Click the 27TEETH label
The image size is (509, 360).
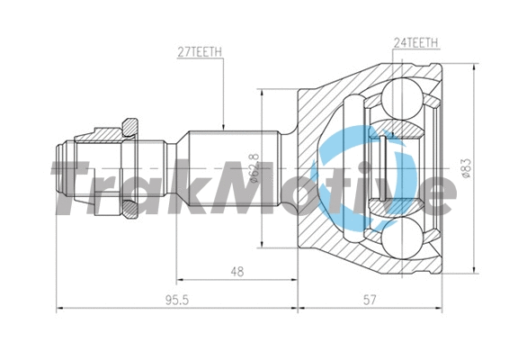(x=200, y=53)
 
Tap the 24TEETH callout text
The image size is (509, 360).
(x=415, y=42)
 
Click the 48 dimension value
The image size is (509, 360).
(x=237, y=271)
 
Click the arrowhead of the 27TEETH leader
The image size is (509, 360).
(x=222, y=127)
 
